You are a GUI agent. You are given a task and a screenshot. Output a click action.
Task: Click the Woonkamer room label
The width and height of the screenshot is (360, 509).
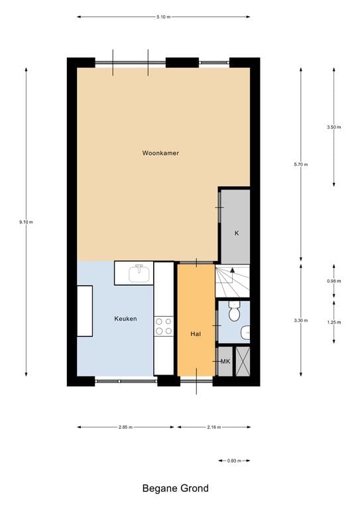point(160,153)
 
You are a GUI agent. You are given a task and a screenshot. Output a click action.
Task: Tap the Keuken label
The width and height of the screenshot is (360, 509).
point(125,319)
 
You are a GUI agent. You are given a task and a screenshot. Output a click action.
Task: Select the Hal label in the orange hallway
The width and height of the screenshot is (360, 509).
point(196,334)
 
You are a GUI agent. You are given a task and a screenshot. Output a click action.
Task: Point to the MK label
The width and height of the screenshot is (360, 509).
point(225,361)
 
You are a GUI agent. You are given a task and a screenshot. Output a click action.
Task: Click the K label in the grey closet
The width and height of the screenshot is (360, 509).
point(236,233)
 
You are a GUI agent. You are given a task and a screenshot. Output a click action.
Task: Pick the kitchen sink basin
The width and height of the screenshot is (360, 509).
point(139,273)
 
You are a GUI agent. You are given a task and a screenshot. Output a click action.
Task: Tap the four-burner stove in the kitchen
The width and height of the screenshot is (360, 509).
point(164,325)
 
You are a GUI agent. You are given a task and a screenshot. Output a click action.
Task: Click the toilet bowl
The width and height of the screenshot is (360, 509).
point(233,310)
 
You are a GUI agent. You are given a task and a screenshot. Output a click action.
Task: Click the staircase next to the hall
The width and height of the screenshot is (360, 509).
point(233,281)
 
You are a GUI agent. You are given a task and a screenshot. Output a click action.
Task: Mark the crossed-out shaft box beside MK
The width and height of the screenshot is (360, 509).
point(243,361)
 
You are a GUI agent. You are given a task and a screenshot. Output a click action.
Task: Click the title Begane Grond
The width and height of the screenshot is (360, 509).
point(175,488)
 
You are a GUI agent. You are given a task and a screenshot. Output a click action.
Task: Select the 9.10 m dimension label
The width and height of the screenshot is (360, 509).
point(26,221)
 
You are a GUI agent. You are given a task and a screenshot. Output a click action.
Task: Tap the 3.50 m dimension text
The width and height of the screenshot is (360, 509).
point(333,127)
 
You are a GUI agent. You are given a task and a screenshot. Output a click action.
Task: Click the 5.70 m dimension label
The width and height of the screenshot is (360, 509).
point(300,164)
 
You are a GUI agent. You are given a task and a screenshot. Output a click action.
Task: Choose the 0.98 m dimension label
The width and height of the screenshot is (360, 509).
point(333,281)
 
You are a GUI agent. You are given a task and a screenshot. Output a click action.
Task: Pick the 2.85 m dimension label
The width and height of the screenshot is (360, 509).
point(125,427)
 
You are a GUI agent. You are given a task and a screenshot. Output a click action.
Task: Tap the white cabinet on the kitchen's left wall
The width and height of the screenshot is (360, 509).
point(84,311)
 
